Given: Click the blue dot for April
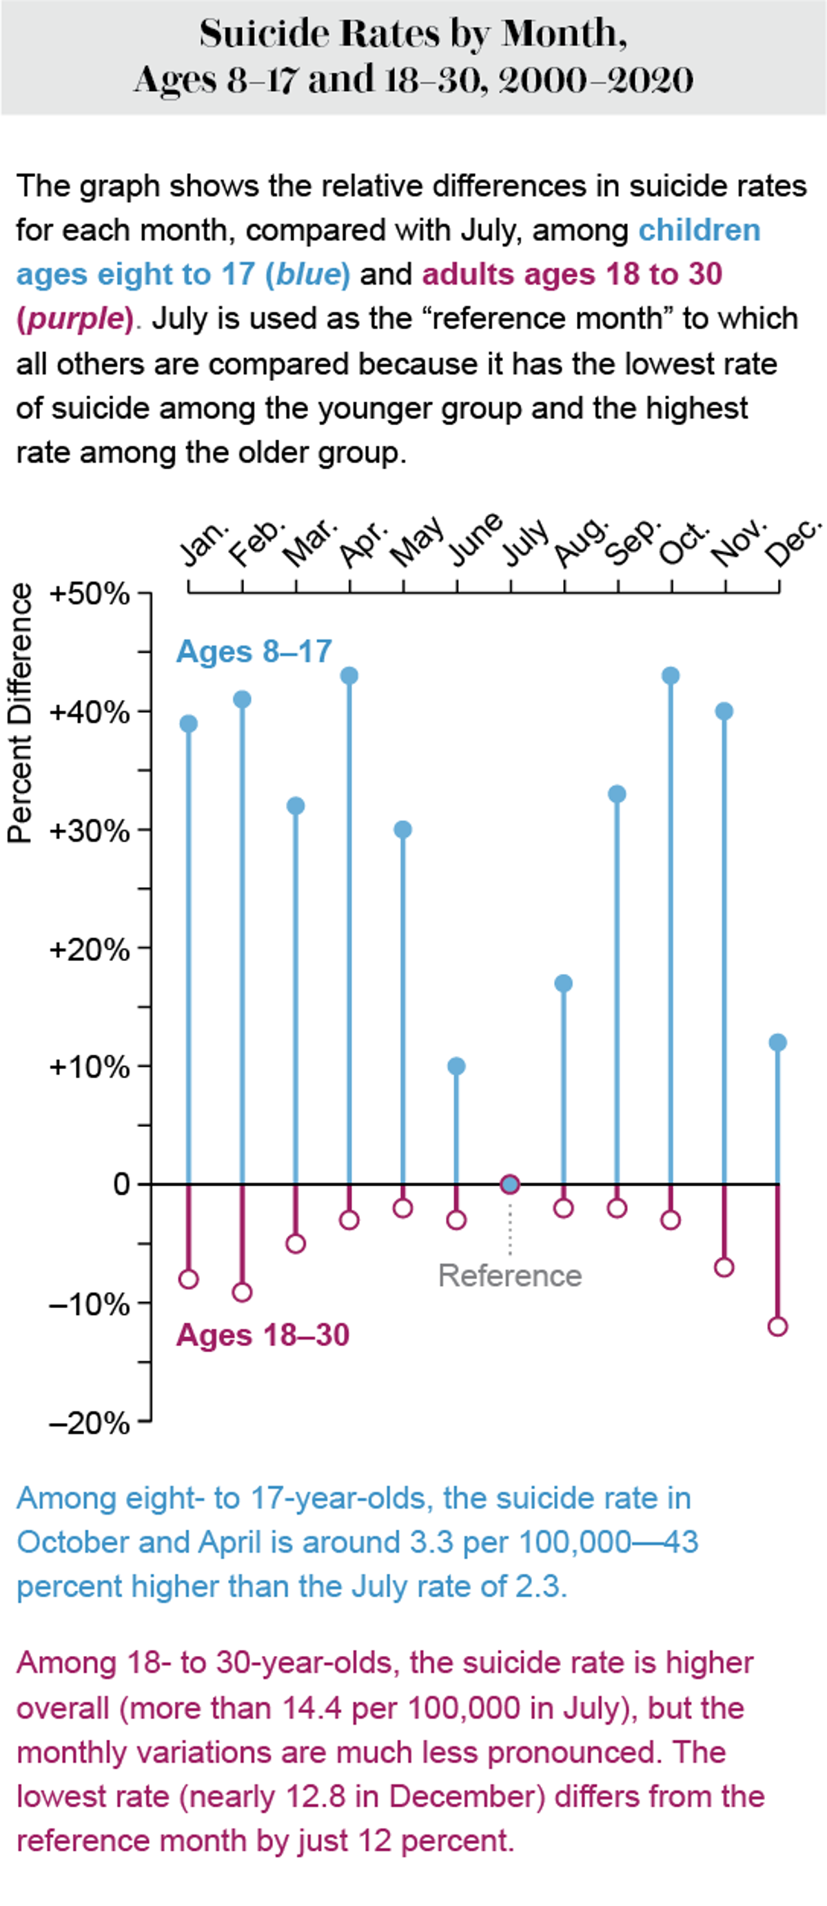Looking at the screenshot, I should [x=349, y=676].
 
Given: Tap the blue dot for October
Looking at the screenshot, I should [x=671, y=676].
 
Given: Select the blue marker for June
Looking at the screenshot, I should [x=456, y=1066].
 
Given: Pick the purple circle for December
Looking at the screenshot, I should [x=777, y=1327].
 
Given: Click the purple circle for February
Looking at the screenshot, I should [x=242, y=1293].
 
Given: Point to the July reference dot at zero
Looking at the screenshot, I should [x=509, y=1185].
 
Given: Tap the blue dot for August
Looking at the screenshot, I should [x=564, y=984].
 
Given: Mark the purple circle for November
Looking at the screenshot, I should [x=724, y=1267].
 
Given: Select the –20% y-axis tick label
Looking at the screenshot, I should [x=89, y=1423].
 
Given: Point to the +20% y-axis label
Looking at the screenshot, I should [x=89, y=949].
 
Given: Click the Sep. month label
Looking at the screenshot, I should [x=631, y=541].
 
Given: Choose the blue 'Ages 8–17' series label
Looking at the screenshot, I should [x=254, y=652].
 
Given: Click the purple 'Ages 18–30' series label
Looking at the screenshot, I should [x=263, y=1336].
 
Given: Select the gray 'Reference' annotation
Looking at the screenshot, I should [x=509, y=1276].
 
